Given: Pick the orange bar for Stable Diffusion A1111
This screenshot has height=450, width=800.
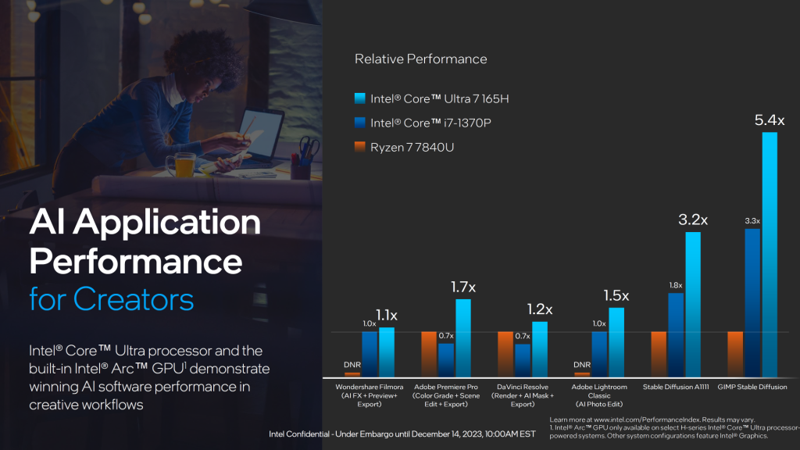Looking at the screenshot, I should point(659,354).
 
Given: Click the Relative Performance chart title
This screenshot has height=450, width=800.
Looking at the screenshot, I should point(420,59).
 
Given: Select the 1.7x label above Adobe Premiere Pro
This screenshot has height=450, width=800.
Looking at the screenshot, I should point(463,287).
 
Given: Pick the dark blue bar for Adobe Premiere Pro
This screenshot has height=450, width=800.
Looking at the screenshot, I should point(446,359).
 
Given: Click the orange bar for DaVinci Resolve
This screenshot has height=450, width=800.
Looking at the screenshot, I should point(505,354).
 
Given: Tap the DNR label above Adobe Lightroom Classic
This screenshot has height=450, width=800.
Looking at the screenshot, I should point(582,364).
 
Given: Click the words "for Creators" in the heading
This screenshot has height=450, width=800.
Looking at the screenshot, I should point(112,298).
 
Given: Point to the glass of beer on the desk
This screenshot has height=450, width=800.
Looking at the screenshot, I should point(184,165).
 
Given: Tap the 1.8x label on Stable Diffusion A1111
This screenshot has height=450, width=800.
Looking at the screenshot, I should point(676,285).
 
